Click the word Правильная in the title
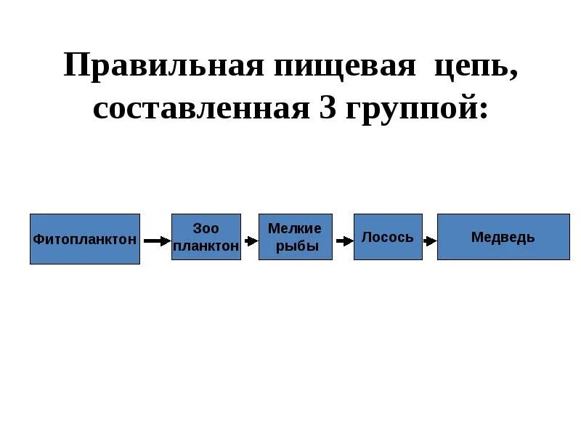point(163,67)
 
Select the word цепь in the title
point(471,67)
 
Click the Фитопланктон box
point(85,239)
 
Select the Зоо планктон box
point(206,237)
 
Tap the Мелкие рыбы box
point(296,237)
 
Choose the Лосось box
point(388,237)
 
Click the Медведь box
point(503,237)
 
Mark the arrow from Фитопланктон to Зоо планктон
point(156,241)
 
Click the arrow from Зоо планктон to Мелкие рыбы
point(251,241)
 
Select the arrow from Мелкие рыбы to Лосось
point(343,241)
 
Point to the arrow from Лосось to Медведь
point(430,241)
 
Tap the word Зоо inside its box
point(206,228)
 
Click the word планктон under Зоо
point(206,246)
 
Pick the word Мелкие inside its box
point(295,228)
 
